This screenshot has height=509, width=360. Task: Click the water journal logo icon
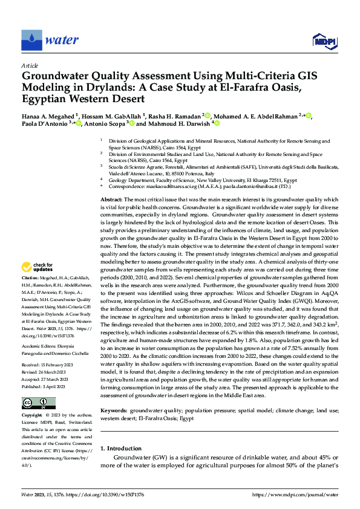(31, 40)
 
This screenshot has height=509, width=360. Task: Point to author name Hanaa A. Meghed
(50, 115)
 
